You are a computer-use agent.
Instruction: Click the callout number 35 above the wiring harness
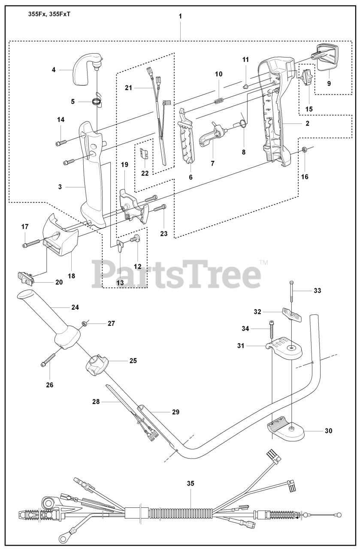191,483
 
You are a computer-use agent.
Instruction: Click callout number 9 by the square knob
329,84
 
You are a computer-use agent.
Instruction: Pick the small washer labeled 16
304,150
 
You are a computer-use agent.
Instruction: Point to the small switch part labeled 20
27,279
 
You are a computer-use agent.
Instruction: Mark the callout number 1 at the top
180,16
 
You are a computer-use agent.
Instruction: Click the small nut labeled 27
85,323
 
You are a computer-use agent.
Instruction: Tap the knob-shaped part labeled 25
97,365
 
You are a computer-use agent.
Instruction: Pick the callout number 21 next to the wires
127,87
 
